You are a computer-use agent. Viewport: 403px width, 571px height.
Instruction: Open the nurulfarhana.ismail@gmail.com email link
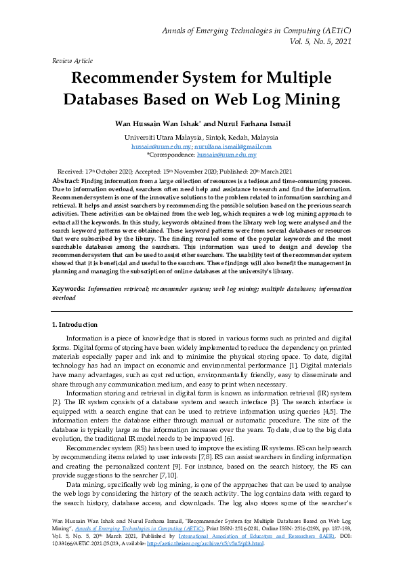233,146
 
